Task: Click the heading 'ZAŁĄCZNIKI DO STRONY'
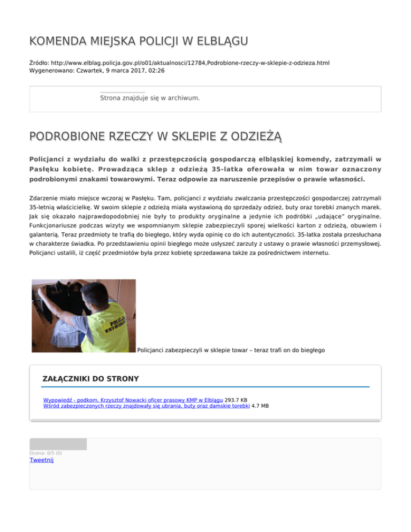[x=90, y=379]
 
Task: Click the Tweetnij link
[x=42, y=460]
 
